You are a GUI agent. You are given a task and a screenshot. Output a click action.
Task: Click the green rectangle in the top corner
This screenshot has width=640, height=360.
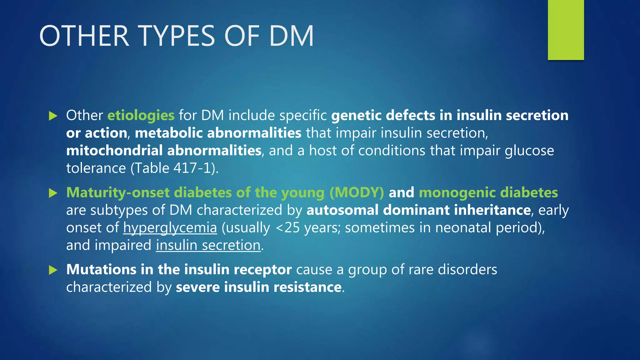pyautogui.click(x=566, y=30)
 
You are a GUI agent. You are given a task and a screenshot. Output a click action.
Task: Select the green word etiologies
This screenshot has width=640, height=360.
pyautogui.click(x=141, y=115)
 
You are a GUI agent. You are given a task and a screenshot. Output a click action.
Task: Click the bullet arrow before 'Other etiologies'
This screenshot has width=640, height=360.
pyautogui.click(x=53, y=116)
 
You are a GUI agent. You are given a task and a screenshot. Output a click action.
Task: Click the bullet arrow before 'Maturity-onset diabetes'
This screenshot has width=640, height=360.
pyautogui.click(x=53, y=193)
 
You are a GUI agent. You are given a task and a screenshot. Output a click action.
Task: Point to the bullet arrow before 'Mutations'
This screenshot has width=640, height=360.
pyautogui.click(x=53, y=270)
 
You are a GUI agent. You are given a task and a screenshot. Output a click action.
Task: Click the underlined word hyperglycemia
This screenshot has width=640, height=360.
pyautogui.click(x=170, y=228)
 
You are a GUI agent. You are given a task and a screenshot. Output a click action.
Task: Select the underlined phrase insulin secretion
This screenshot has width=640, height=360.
pyautogui.click(x=208, y=245)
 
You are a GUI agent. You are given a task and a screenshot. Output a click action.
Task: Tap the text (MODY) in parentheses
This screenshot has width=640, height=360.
pyautogui.click(x=357, y=192)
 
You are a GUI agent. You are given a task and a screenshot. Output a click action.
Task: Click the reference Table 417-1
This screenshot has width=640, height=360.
pyautogui.click(x=173, y=168)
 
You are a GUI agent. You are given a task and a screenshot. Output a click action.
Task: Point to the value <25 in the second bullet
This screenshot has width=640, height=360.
pyautogui.click(x=288, y=228)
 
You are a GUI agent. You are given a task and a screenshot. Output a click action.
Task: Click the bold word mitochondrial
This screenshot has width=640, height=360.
pyautogui.click(x=114, y=151)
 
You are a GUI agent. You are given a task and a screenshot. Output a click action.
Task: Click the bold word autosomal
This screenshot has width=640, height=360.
pyautogui.click(x=342, y=210)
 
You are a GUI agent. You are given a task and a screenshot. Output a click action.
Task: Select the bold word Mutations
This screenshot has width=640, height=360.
pyautogui.click(x=101, y=269)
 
